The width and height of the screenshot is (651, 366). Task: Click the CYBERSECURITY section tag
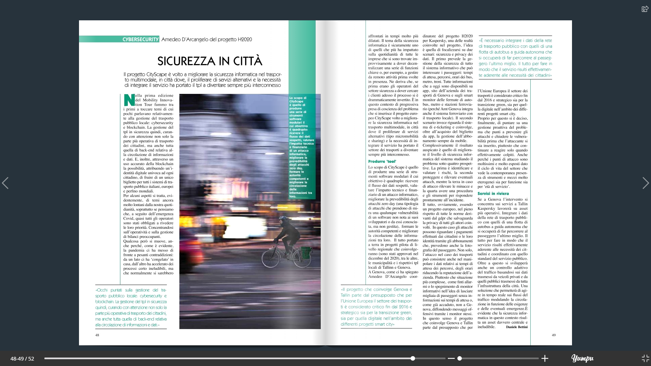[140, 39]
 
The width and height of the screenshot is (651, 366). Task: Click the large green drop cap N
[129, 100]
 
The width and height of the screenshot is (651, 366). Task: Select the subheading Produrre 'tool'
[382, 162]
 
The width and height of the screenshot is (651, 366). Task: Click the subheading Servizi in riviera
[493, 194]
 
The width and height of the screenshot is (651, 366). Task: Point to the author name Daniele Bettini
[516, 327]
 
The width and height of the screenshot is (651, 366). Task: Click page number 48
[97, 335]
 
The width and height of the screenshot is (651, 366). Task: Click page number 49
[554, 335]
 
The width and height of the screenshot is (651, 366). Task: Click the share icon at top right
[645, 9]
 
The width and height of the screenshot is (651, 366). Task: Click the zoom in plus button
[545, 359]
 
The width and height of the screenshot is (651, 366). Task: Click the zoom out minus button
[451, 359]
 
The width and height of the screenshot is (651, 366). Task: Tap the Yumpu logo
[582, 358]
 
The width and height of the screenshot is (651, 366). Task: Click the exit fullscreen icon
[645, 359]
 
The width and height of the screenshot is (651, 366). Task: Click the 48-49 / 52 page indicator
[22, 359]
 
